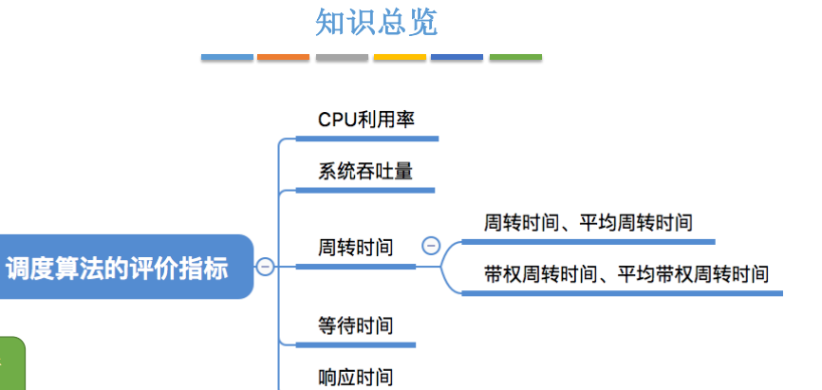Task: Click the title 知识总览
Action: coord(376,23)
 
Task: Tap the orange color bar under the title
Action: coord(284,58)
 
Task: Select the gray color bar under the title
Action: coord(342,58)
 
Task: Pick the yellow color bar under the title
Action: coord(400,58)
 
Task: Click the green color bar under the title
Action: coord(515,58)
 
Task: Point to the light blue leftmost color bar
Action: coord(227,58)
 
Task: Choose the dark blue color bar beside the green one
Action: coord(458,58)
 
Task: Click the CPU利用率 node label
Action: coord(366,120)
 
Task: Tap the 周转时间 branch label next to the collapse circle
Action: coord(355,248)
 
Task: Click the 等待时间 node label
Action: coord(355,325)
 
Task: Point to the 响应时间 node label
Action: coord(355,377)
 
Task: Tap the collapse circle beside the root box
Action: coord(266,267)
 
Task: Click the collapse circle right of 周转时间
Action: coord(430,246)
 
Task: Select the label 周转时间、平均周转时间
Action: coord(588,224)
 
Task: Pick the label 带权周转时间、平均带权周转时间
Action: coord(626,275)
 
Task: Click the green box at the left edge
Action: coord(11,365)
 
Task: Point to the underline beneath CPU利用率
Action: coord(366,139)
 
